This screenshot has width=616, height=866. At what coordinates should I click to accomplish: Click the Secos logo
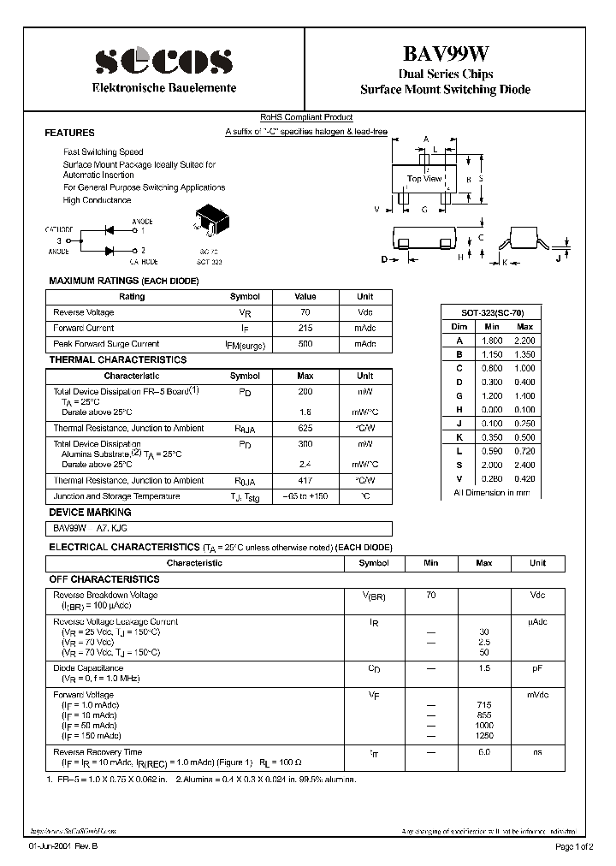pos(163,61)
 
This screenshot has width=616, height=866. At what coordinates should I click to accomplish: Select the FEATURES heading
pos(69,133)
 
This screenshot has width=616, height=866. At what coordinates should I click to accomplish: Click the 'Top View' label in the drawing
pos(424,179)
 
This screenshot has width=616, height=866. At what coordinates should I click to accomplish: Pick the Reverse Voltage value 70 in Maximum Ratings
pos(305,312)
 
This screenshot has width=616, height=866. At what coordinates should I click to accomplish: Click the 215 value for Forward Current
pos(305,328)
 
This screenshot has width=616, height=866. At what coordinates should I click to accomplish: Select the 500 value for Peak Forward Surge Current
pos(305,344)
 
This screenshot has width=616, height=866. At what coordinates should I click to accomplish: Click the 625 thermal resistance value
pos(305,428)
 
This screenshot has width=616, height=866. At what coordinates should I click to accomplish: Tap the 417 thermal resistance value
pos(305,480)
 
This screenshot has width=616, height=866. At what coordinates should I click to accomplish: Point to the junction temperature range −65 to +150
pos(305,496)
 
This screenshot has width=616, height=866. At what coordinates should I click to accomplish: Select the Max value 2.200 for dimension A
pos(524,340)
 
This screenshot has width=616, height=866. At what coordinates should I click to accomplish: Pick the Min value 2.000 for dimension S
pos(491,466)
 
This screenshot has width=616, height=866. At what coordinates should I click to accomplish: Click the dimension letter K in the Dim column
pos(459,437)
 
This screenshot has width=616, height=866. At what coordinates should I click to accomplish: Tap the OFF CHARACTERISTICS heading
pos(104,579)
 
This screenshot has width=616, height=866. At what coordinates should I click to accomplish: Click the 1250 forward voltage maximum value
pos(483,736)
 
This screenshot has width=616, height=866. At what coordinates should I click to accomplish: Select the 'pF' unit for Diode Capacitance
pos(537,667)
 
